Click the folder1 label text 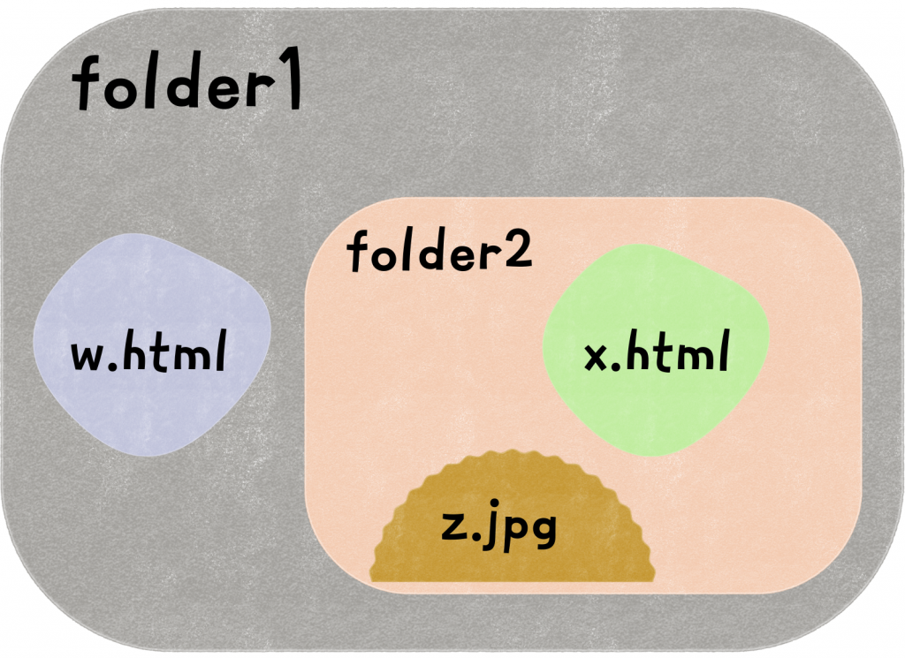(187, 87)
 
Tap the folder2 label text (439, 253)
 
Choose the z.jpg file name (498, 528)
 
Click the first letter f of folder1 (87, 86)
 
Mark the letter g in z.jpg (542, 533)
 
